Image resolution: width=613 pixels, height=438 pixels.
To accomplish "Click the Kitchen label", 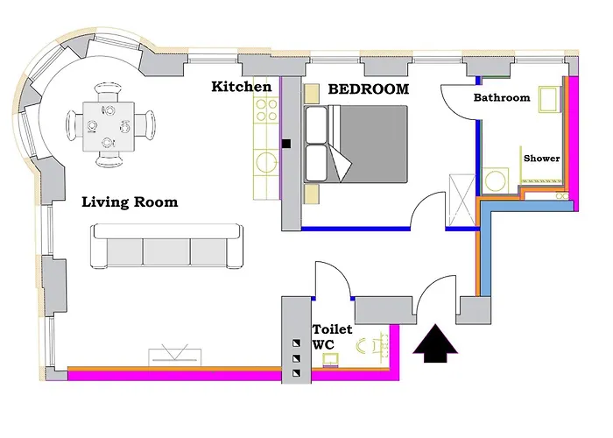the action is pos(241,87).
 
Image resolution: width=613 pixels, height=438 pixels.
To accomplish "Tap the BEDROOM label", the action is pos(369,89).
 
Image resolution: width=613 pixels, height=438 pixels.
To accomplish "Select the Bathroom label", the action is pos(502,97).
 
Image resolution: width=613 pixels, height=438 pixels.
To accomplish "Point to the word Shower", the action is pos(541,159).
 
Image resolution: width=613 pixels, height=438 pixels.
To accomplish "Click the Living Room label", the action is pos(130,202).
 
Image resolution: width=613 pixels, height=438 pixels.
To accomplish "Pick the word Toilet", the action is pos(332,329).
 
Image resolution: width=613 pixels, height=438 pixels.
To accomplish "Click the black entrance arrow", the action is pos(435,343).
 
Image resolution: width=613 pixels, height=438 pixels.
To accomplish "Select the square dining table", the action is pos(109,127).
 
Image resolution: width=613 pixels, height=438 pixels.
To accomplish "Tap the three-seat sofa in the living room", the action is pos(166,246).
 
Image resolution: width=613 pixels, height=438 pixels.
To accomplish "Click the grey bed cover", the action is pos(371,144).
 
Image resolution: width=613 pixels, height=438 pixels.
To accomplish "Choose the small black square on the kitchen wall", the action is pos(286,144).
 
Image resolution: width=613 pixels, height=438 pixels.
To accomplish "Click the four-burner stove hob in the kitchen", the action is pos(266,110).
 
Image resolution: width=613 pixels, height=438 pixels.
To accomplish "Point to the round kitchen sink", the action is pos(266,162).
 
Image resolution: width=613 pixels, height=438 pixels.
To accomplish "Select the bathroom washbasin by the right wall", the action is pos(550,99).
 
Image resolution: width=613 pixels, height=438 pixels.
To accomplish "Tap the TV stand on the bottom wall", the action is pos(175,357).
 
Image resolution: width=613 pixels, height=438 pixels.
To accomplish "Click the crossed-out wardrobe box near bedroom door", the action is pos(462,200).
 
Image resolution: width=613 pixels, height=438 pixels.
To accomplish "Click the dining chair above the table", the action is pos(109,92).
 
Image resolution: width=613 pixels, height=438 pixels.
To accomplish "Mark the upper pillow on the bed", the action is pos(316,124).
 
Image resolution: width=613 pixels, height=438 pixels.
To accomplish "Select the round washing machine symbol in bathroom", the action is pos(496,180).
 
